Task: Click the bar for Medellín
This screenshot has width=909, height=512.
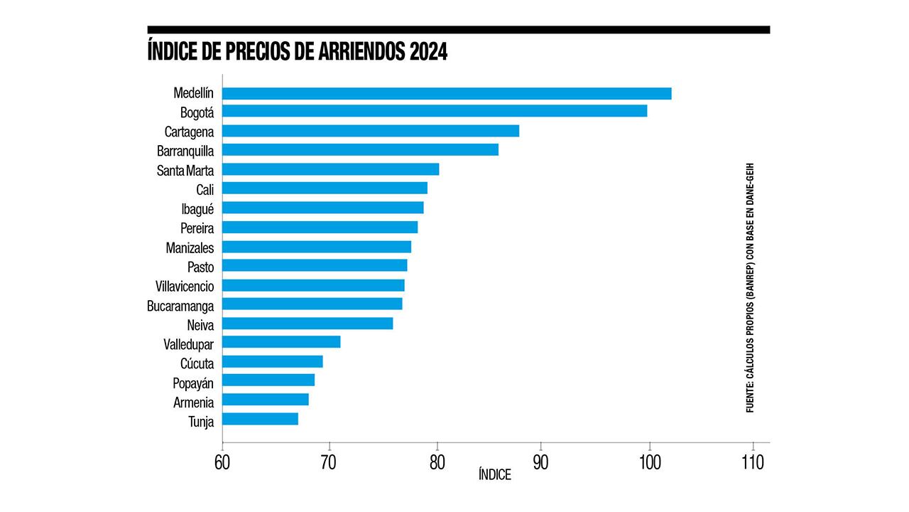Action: click(447, 93)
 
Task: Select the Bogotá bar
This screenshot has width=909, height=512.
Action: click(435, 111)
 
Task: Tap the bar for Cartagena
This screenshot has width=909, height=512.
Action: click(371, 131)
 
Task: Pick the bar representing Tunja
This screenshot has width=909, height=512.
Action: click(260, 420)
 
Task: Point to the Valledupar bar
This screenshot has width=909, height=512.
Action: click(281, 342)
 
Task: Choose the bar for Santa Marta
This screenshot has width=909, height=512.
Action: click(330, 169)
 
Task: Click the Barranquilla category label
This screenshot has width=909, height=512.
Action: click(185, 151)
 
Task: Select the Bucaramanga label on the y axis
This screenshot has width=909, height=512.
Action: click(180, 305)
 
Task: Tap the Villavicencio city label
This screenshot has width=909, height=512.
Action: click(185, 286)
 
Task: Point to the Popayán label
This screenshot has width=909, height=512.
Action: click(193, 383)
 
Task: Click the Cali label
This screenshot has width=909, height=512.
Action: click(205, 189)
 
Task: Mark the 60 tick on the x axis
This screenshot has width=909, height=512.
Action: click(222, 462)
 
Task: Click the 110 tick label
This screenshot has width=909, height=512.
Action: click(752, 462)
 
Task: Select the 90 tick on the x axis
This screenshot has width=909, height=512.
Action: click(541, 462)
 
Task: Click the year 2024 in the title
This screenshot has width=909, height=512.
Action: click(428, 53)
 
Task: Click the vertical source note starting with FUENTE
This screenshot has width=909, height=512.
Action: click(750, 287)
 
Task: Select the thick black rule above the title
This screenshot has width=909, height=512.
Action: click(458, 30)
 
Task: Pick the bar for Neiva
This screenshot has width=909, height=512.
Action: click(307, 324)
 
